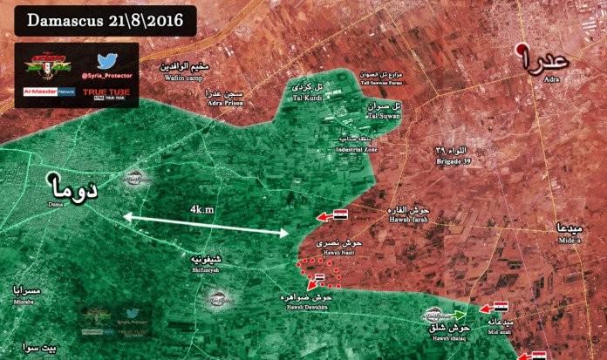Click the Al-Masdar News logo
[48, 91]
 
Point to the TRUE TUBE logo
[106, 91]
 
